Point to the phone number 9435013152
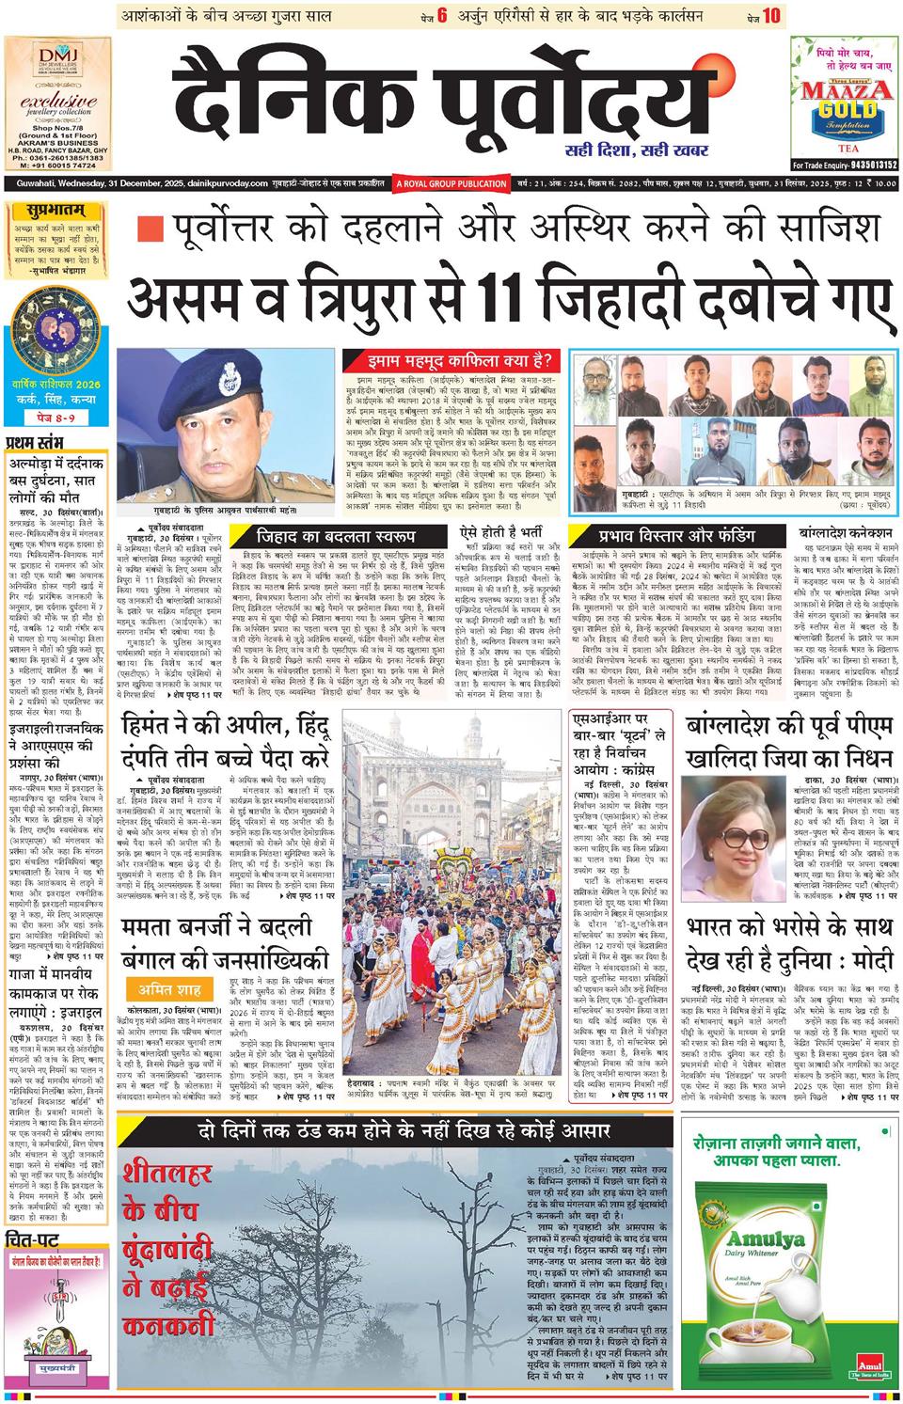(863, 165)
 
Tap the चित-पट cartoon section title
(33, 1238)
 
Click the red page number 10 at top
(772, 16)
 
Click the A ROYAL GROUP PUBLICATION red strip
(451, 183)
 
